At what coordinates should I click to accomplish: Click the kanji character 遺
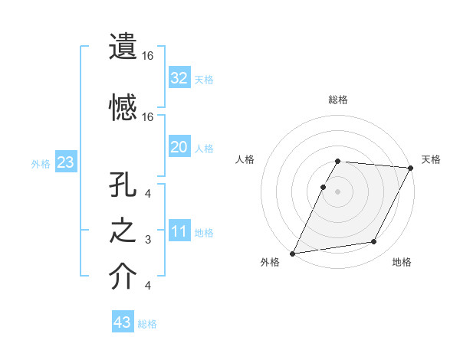(x=123, y=47)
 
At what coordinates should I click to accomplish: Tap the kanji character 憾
(x=123, y=108)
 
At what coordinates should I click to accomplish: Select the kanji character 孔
(x=123, y=191)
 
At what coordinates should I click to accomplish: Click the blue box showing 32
(x=179, y=77)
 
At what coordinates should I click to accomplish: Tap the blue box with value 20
(x=179, y=147)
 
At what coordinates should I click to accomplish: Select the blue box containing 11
(x=179, y=231)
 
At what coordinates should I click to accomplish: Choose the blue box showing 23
(x=65, y=162)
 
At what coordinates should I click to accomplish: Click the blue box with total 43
(x=123, y=322)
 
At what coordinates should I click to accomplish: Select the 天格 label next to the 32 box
(x=203, y=79)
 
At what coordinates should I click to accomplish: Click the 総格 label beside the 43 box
(x=147, y=324)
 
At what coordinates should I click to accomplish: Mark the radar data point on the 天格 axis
(x=412, y=168)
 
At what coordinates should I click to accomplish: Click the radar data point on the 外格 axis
(x=292, y=253)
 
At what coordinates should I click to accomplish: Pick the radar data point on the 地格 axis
(x=374, y=242)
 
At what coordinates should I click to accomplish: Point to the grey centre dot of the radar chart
(x=337, y=191)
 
